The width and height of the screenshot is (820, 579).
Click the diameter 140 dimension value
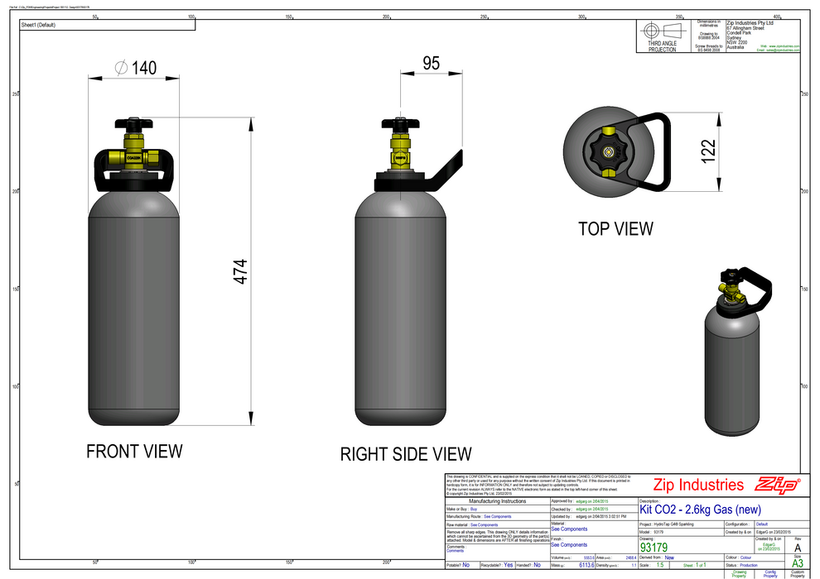click(x=137, y=69)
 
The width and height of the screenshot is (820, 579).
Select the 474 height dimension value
click(x=240, y=272)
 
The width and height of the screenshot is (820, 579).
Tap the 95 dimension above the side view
click(x=431, y=64)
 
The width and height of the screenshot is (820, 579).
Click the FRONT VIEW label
click(x=134, y=451)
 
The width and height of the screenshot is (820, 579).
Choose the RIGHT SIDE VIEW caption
click(x=406, y=454)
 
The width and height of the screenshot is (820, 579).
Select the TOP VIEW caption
click(x=615, y=228)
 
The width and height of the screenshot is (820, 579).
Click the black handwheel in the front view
click(x=133, y=123)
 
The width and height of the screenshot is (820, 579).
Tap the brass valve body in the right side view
click(x=400, y=153)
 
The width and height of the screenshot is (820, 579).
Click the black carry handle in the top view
click(x=658, y=153)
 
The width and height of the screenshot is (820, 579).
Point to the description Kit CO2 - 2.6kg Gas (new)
click(x=700, y=509)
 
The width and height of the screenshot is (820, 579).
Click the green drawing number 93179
click(x=654, y=547)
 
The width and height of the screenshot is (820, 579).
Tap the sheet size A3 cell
click(x=798, y=564)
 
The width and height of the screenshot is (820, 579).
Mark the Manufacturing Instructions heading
click(x=497, y=501)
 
